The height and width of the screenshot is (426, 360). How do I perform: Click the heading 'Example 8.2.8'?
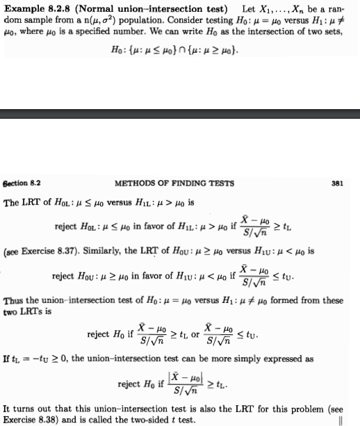click(x=35, y=8)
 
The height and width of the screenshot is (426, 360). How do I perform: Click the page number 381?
click(x=338, y=183)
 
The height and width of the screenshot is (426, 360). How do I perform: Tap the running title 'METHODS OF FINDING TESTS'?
click(x=174, y=183)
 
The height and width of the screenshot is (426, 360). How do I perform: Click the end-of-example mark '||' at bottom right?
click(x=340, y=418)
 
